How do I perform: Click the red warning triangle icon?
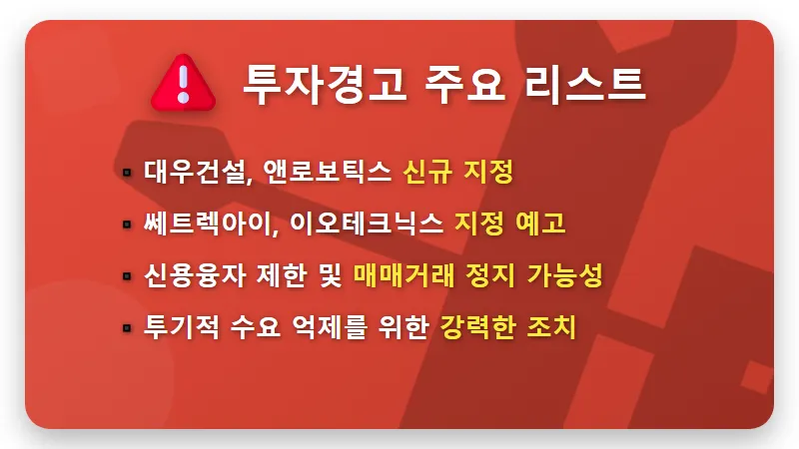point(182,81)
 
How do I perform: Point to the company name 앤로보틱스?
point(327,172)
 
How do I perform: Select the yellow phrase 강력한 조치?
point(508,327)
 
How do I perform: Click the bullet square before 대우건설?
point(127,173)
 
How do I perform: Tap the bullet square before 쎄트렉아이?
point(127,224)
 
